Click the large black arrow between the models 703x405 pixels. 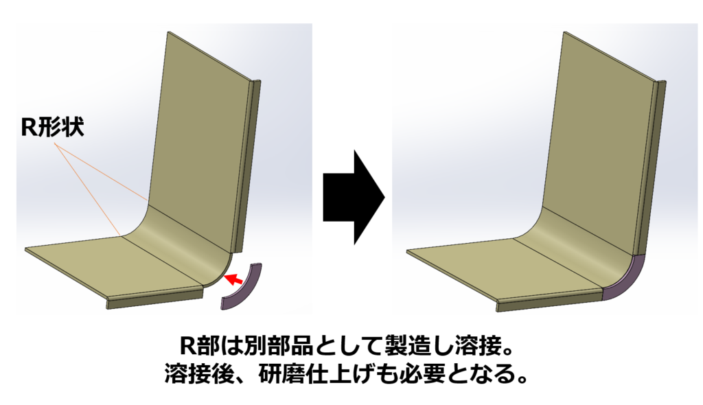point(351,196)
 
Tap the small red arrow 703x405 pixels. point(234,278)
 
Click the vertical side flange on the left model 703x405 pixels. point(249,165)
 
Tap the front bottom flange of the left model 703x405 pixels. point(154,299)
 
